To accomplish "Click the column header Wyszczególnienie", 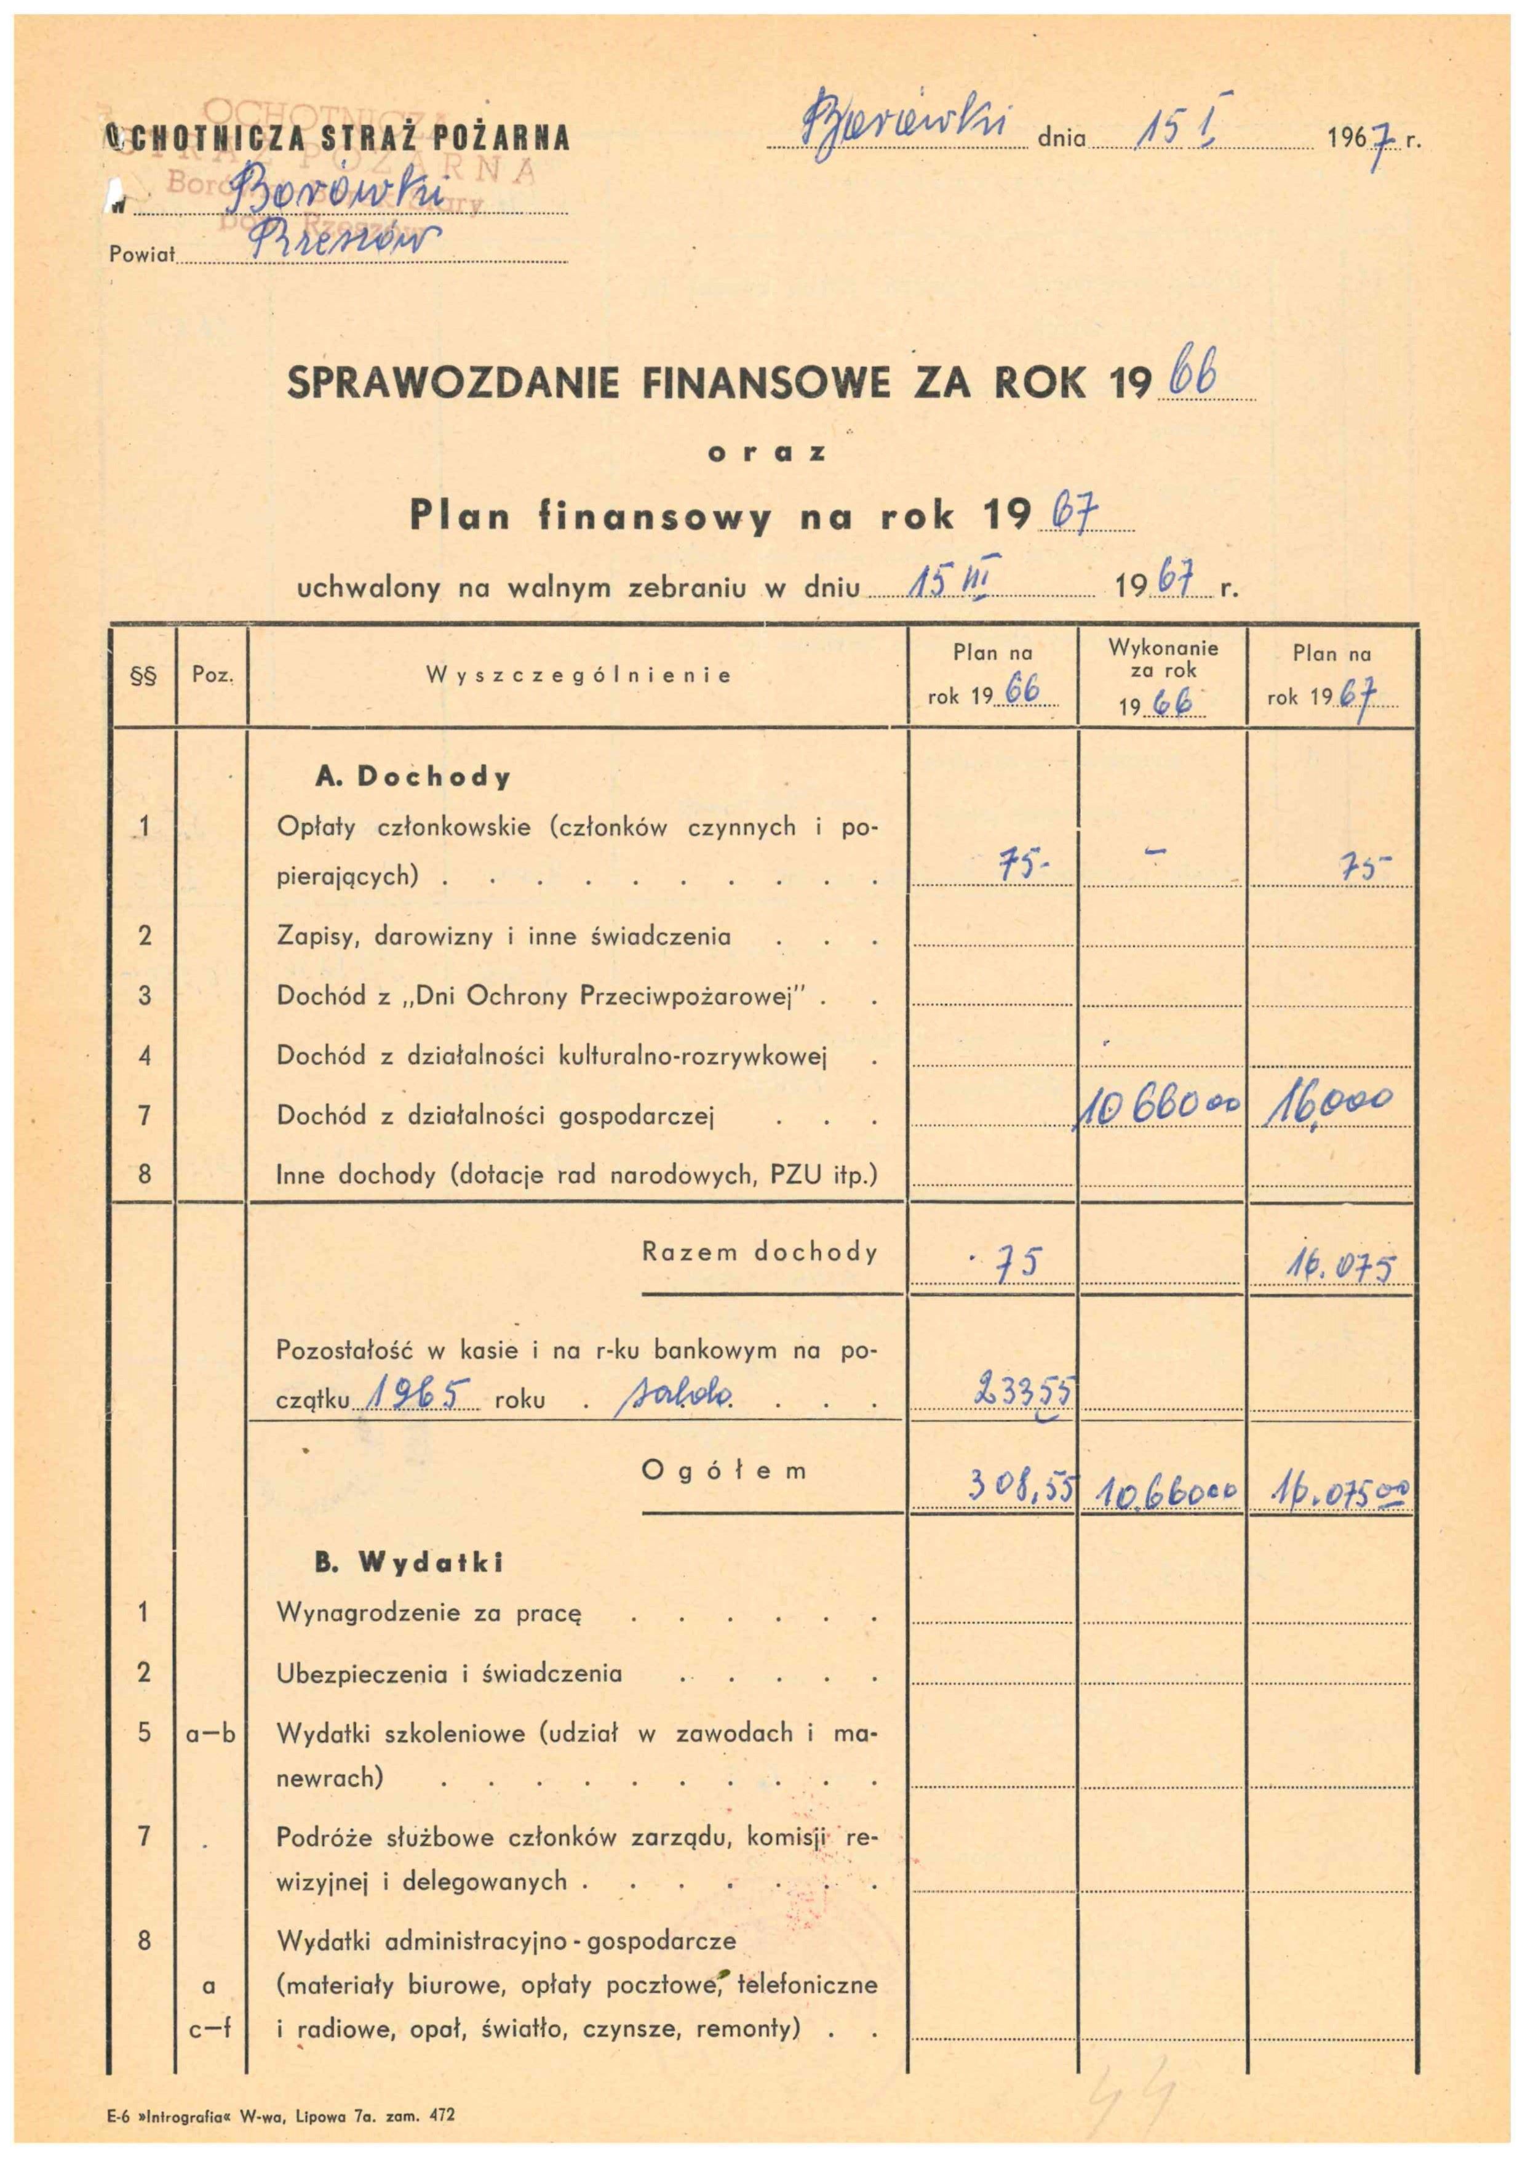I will [578, 675].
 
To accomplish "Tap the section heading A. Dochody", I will [413, 777].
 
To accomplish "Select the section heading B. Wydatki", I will [408, 1562].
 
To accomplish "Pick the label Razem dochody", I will [760, 1252].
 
